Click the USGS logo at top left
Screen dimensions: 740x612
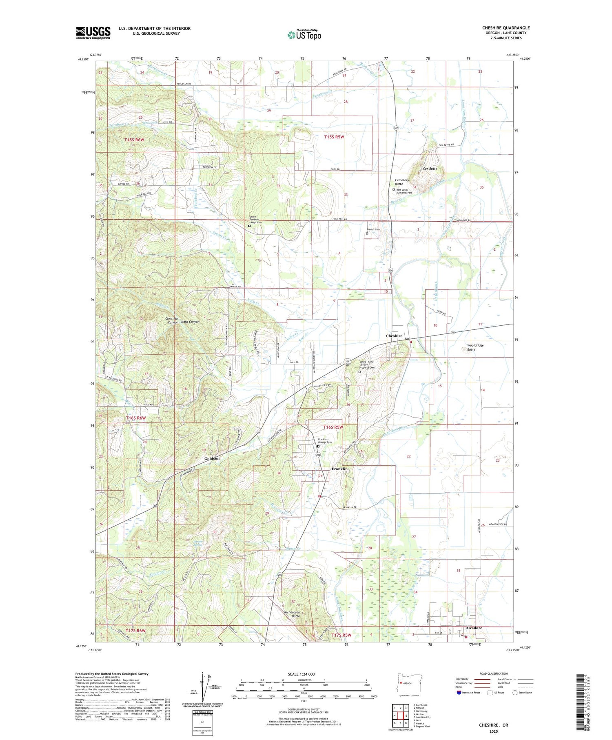(x=93, y=33)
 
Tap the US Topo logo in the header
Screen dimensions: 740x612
(x=304, y=35)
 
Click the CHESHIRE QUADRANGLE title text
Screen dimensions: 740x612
(x=506, y=28)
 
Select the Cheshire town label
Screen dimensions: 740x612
(x=394, y=336)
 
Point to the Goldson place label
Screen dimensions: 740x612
(x=212, y=458)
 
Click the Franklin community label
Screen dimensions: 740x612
(x=339, y=469)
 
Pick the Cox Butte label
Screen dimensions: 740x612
(x=430, y=169)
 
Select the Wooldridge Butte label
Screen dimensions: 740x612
(x=475, y=347)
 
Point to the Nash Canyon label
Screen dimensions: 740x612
(x=190, y=322)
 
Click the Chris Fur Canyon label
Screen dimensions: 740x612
(x=172, y=320)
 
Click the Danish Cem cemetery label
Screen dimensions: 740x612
(x=373, y=229)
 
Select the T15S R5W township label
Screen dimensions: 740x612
(x=334, y=137)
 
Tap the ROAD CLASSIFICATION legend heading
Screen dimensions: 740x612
(x=494, y=673)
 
